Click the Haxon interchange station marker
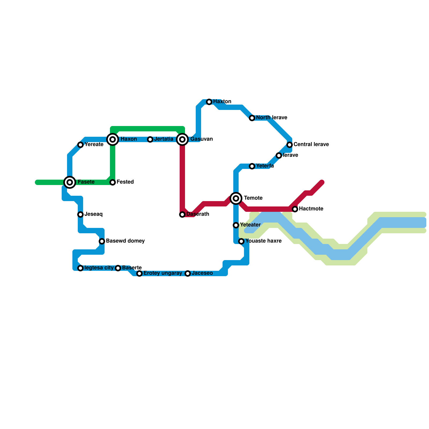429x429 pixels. coord(113,139)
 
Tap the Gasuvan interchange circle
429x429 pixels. coord(182,139)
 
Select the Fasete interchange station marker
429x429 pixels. coord(70,182)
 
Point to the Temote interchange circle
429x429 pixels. coord(236,198)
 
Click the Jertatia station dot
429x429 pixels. coord(150,139)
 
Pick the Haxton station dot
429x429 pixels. coord(209,102)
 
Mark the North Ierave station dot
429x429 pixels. coord(252,118)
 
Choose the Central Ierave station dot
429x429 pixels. coord(290,145)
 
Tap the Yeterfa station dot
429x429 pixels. coord(252,166)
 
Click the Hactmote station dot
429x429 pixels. coord(295,209)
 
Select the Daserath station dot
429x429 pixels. coord(182,214)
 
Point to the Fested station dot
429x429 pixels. coord(113,182)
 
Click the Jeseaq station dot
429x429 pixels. coord(80,214)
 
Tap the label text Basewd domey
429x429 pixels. coord(125,241)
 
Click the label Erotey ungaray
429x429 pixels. coord(163,273)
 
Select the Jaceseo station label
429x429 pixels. coord(202,273)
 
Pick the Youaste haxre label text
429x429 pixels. coord(263,241)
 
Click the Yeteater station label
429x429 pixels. coord(250,225)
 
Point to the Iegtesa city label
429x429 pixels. coord(99,268)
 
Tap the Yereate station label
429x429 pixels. coord(94,145)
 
